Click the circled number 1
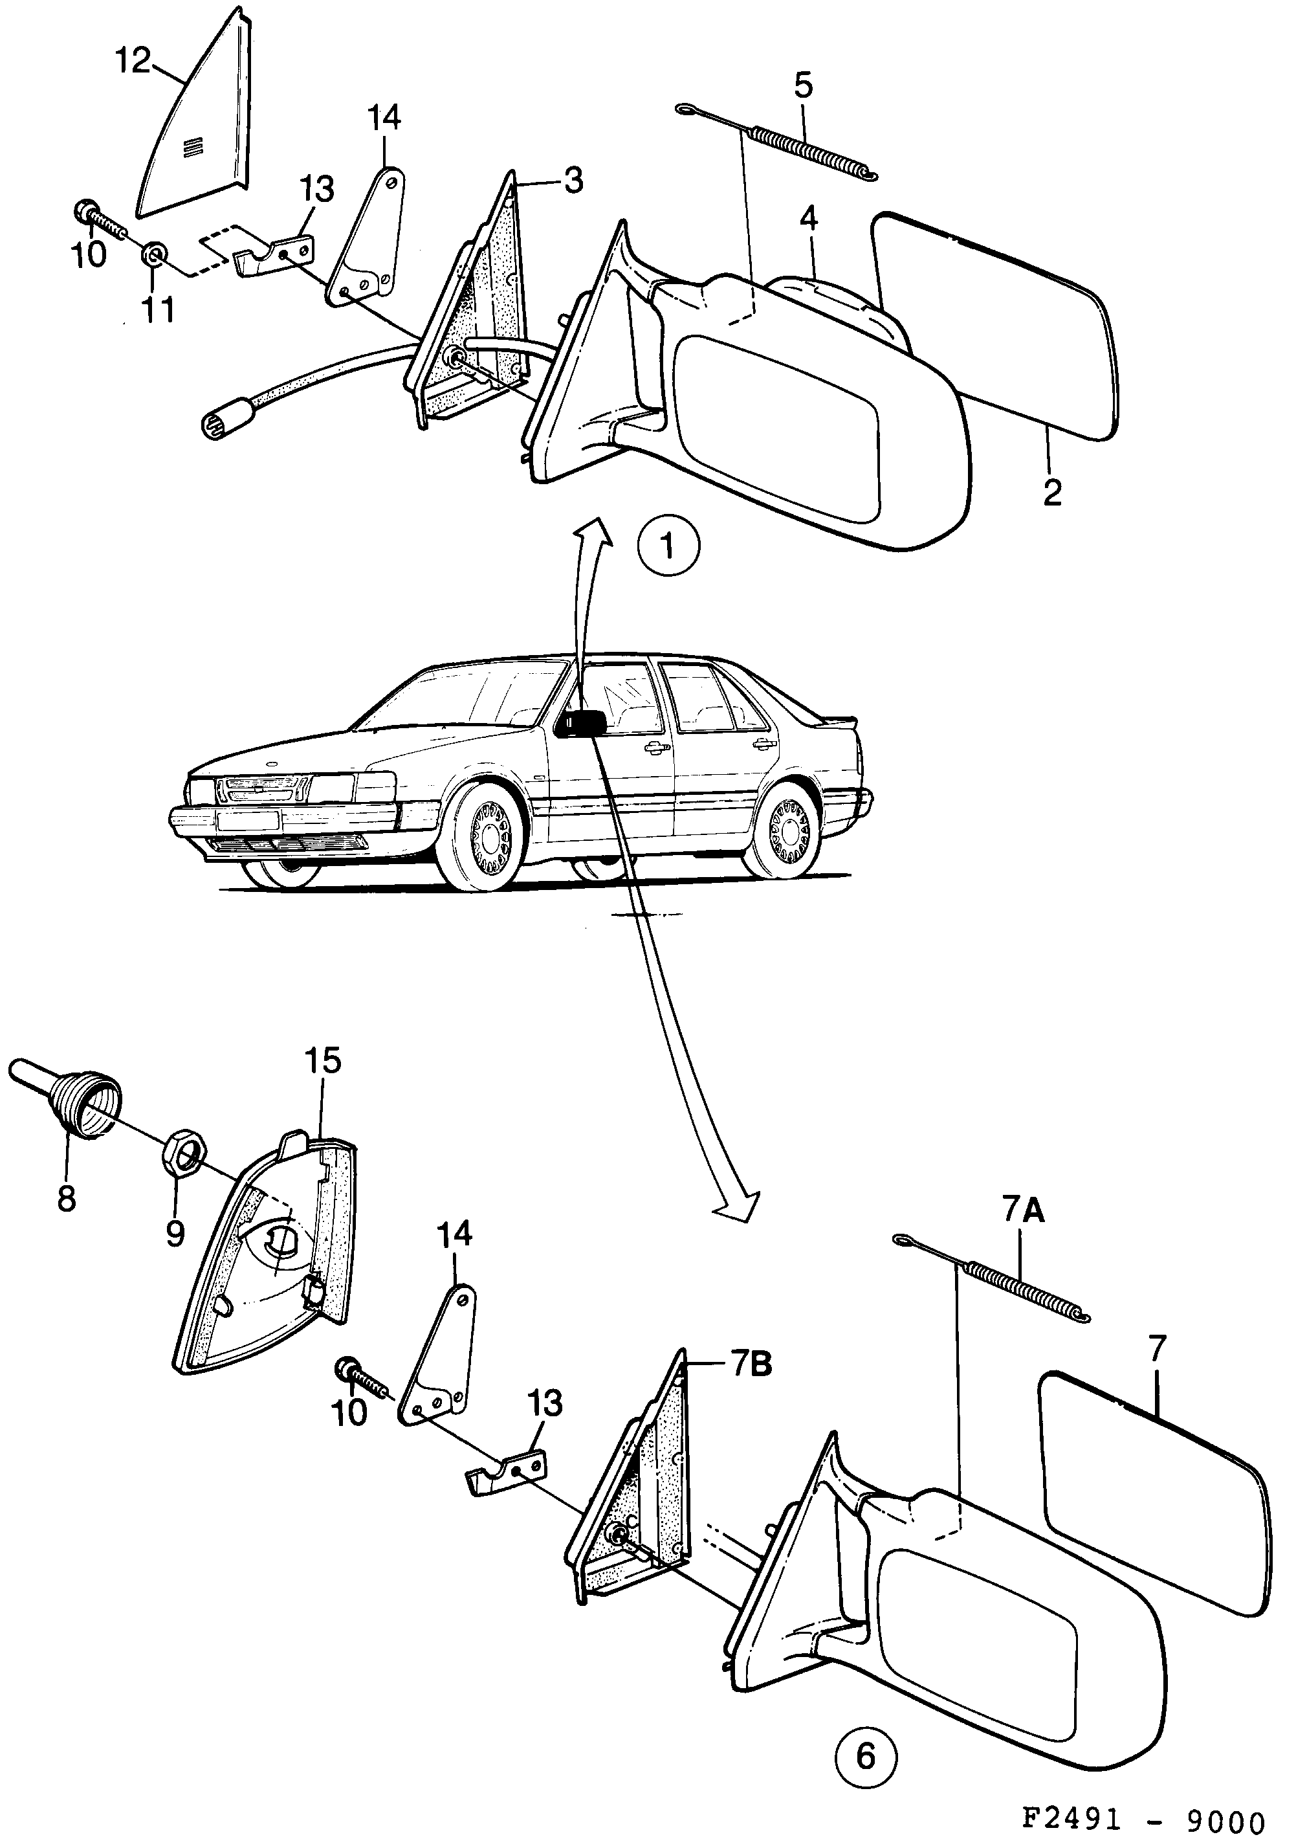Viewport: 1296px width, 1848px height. coord(668,546)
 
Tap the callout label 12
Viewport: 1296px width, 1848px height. coord(133,60)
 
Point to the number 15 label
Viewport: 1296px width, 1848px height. coord(322,1061)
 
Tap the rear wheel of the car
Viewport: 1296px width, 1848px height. coord(783,830)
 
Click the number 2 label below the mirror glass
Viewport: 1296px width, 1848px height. coord(1051,492)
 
